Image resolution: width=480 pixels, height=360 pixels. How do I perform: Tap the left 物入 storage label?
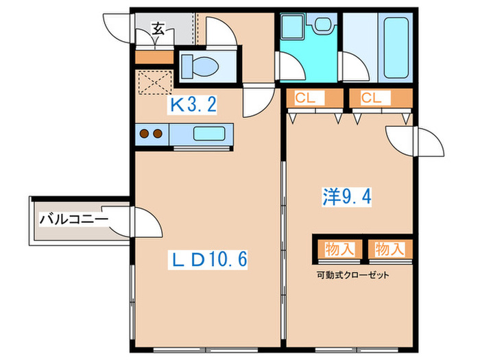pos(339,249)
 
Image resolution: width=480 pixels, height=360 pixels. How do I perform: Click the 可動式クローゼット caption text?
pos(352,276)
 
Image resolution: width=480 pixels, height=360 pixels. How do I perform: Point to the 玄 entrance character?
pos(158,29)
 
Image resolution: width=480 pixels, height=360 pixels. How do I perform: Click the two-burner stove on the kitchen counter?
pos(149,133)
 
